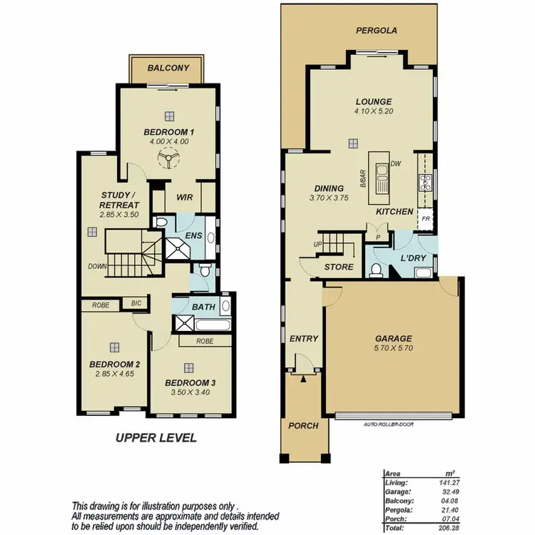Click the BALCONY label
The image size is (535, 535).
(x=168, y=68)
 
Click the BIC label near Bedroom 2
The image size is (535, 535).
(x=136, y=303)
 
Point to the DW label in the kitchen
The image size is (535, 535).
(x=397, y=163)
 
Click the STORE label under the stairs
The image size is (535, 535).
(x=339, y=267)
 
